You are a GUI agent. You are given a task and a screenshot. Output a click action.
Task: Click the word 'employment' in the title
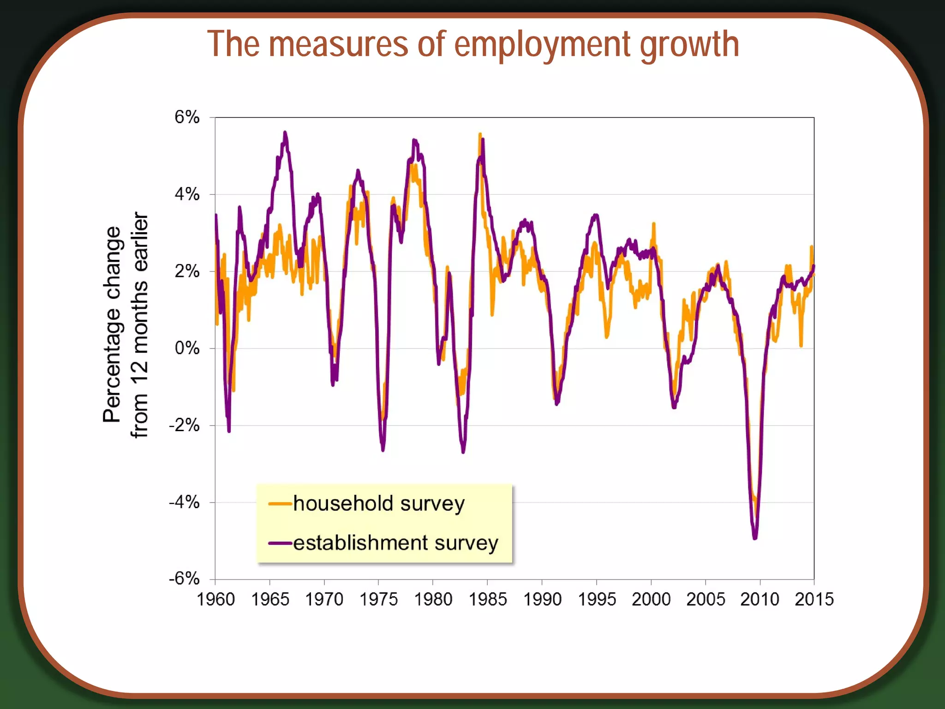(542, 45)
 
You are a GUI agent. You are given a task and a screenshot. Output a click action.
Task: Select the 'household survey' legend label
(378, 504)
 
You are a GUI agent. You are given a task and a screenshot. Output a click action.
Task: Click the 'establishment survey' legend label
(395, 543)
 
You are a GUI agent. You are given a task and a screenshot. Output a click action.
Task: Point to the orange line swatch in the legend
(280, 504)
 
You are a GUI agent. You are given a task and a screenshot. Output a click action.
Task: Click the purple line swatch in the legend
(280, 543)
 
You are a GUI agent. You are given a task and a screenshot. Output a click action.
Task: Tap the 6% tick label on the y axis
(187, 117)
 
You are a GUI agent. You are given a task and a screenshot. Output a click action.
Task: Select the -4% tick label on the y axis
(184, 502)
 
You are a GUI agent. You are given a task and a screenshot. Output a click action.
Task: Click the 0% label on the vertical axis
(187, 348)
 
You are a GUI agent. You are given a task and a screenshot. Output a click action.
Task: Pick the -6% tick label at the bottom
(184, 578)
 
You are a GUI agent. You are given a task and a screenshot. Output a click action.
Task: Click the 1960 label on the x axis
(215, 600)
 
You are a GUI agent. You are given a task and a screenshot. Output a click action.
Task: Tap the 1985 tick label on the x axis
(488, 600)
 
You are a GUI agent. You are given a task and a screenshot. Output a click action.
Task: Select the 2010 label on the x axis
(760, 600)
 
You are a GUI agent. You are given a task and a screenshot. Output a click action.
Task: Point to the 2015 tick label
(814, 600)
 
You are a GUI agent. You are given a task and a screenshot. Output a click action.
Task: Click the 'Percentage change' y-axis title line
(112, 324)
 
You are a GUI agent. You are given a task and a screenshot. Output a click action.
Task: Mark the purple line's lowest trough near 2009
(755, 538)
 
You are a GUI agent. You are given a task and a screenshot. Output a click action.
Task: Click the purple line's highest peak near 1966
(285, 132)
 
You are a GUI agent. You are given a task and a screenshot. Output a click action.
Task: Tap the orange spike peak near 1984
(480, 134)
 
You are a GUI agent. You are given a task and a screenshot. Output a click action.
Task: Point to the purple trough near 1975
(383, 450)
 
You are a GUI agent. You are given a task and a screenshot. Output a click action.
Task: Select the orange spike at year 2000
(653, 224)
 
